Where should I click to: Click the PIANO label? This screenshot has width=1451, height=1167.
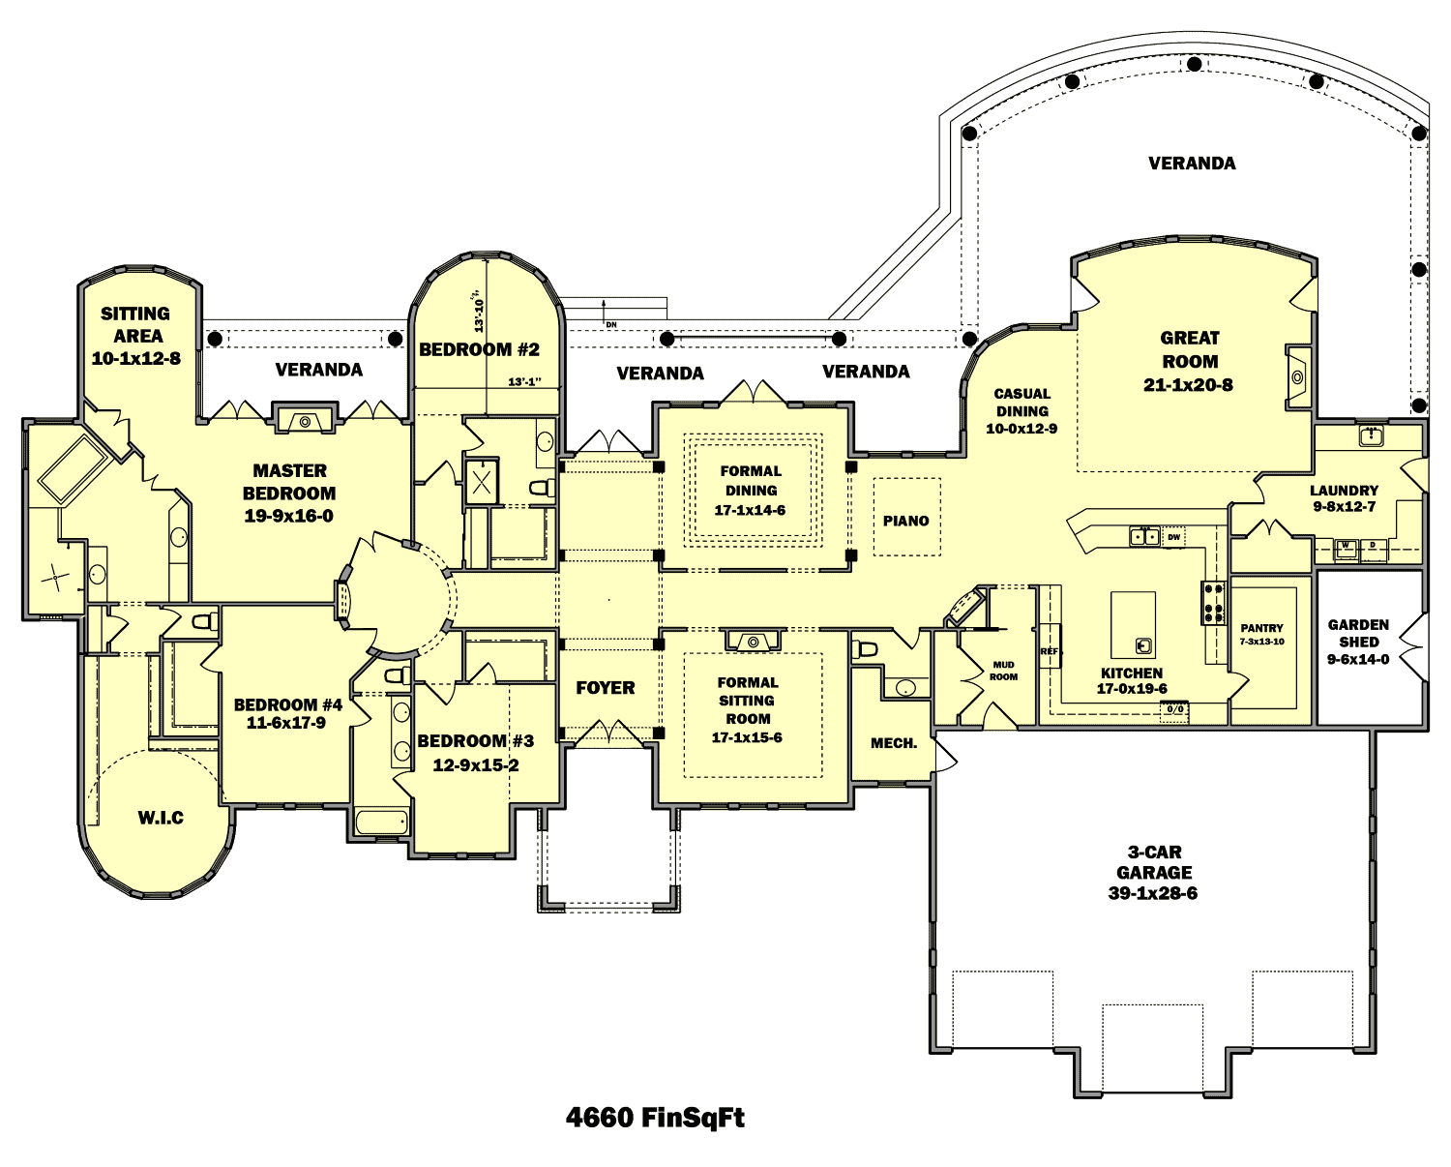tap(905, 521)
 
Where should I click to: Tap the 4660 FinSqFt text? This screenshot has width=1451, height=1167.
tap(655, 1118)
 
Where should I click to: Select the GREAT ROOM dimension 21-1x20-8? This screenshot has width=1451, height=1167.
tap(1188, 385)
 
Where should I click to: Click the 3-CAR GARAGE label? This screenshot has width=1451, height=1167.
tap(1153, 862)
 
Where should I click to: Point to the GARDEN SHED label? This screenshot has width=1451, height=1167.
tap(1358, 633)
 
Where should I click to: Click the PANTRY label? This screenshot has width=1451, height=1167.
tap(1261, 628)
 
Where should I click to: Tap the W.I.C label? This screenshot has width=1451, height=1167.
tap(161, 818)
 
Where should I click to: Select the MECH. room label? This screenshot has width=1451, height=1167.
tap(894, 743)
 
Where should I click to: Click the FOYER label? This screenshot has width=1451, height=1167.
tap(606, 688)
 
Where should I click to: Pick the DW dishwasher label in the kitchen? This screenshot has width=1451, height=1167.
tap(1173, 537)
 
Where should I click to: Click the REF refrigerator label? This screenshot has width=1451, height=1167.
tap(1050, 651)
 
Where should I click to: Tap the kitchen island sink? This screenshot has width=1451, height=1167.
tap(1143, 644)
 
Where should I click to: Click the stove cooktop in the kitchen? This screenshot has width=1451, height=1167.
tap(1213, 601)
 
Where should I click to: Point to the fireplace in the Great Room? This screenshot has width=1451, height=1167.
tap(1297, 377)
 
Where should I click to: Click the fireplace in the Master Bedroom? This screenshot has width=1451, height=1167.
tap(305, 421)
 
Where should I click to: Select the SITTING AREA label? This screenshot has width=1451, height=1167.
tap(136, 325)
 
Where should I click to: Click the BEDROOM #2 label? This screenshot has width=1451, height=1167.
tap(479, 349)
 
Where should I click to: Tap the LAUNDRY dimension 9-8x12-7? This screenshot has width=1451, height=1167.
tap(1344, 507)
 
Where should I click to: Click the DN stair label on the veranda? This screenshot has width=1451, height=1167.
tap(611, 324)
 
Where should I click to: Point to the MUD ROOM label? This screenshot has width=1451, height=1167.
tap(1003, 671)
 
